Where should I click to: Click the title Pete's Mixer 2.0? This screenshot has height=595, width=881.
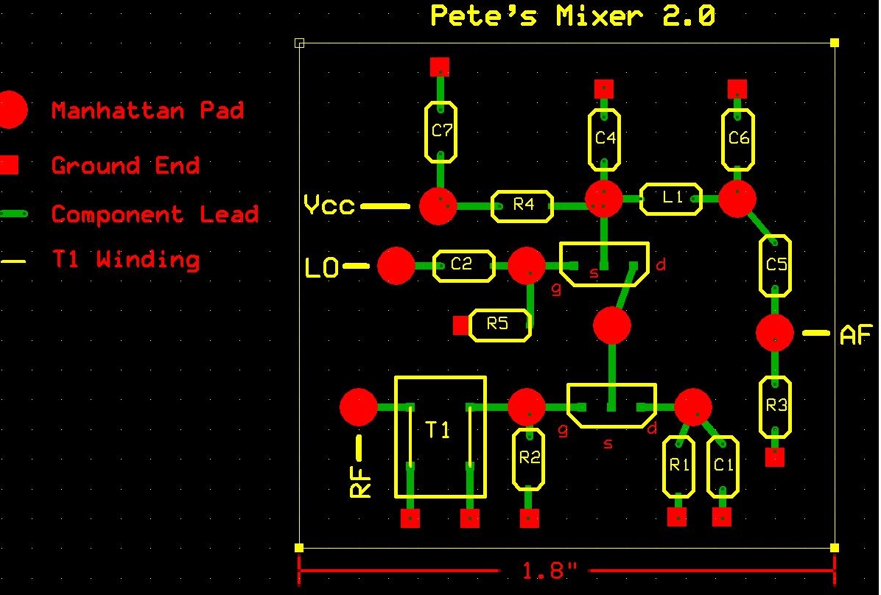[x=572, y=16]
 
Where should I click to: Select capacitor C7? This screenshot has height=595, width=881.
[x=440, y=132]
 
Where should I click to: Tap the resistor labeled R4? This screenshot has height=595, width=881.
[x=522, y=205]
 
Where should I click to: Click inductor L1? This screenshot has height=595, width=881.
[x=671, y=199]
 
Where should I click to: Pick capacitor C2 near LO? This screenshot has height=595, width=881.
[x=462, y=265]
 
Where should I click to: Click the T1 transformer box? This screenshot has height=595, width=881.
[x=440, y=436]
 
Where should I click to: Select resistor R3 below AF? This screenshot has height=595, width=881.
[x=776, y=406]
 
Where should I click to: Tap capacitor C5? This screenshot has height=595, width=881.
[x=776, y=265]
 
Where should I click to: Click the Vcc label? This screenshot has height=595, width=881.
[x=329, y=205]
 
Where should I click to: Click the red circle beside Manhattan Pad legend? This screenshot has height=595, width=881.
[x=10, y=110]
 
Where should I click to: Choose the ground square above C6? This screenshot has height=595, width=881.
[x=737, y=89]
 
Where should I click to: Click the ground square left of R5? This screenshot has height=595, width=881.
[x=460, y=325]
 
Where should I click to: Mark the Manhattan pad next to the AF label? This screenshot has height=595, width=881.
[x=775, y=334]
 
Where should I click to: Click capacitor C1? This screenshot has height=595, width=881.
[x=723, y=466]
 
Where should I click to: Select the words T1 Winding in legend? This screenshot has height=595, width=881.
[x=125, y=259]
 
